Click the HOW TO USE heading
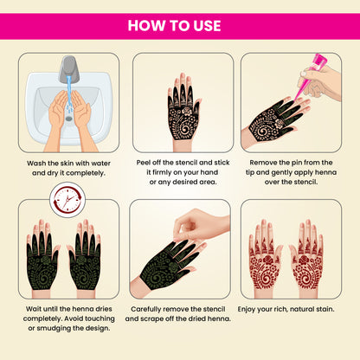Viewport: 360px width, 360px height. (180, 24)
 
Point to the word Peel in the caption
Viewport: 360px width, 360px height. (145, 162)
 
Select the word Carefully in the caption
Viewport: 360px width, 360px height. (150, 307)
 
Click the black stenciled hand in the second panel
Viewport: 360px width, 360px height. (183, 108)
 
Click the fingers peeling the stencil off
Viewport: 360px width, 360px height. (186, 225)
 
